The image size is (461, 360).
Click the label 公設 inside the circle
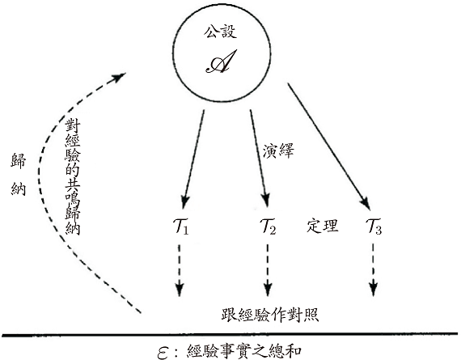[221, 32]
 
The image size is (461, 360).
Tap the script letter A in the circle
[221, 61]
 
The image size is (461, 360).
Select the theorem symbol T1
[181, 227]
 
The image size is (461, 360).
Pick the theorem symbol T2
[268, 227]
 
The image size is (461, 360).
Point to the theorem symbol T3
[374, 227]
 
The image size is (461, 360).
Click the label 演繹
[278, 151]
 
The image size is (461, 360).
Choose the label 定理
[323, 226]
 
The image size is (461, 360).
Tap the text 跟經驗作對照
[270, 315]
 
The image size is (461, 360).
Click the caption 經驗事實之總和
[244, 351]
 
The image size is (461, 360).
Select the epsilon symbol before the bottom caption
[163, 353]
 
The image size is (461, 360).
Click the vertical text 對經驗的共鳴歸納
[73, 176]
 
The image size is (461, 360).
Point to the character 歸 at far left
[19, 161]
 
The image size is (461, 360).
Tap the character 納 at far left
[19, 188]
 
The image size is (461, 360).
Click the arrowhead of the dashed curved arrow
[120, 78]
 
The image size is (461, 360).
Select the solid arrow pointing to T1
[193, 159]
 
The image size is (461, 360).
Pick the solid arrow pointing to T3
[328, 146]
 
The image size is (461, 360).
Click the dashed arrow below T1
[180, 270]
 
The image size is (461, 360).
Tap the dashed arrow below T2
[268, 270]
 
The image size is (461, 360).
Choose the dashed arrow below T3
[373, 270]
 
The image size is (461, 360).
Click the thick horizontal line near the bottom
[230, 334]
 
